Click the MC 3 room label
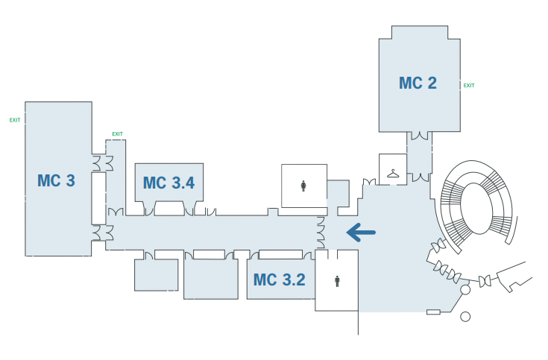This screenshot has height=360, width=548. [56, 180]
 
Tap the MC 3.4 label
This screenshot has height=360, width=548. [169, 183]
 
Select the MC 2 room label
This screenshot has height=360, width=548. [418, 83]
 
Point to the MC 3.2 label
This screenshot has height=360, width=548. [279, 280]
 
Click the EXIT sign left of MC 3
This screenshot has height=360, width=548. [15, 119]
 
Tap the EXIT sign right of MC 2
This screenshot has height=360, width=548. [469, 86]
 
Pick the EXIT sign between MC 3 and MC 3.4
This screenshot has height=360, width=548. [117, 134]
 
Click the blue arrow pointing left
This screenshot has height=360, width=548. [361, 233]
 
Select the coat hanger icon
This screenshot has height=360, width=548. [393, 174]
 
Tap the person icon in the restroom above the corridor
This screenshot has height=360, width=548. [303, 186]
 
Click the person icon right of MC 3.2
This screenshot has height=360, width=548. [337, 280]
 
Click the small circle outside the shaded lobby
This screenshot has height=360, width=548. [465, 317]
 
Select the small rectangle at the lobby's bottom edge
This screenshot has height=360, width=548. [433, 312]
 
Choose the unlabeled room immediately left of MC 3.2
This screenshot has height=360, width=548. [210, 278]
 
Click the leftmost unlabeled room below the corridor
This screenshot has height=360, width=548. [156, 274]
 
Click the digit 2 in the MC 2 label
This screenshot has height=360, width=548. [431, 83]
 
